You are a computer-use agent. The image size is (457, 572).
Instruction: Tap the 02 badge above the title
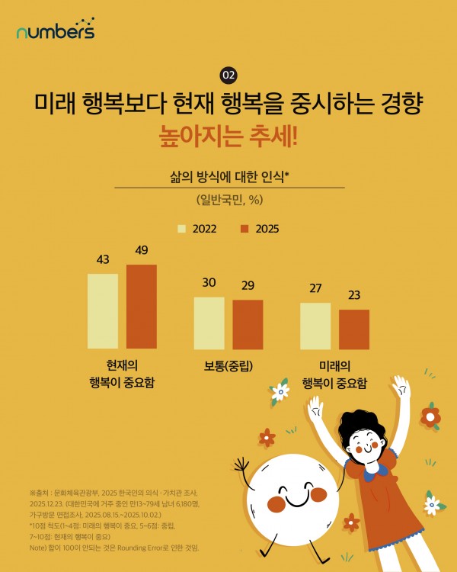coord(228,75)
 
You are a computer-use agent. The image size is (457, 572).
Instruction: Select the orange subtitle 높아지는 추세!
coord(228,137)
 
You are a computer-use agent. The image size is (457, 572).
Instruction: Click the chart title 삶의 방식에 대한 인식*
coord(229,176)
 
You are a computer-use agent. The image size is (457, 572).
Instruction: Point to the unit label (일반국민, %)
coord(229,200)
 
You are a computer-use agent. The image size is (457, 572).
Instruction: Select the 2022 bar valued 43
coord(103,311)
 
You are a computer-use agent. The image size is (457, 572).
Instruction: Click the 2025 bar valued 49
coord(142,307)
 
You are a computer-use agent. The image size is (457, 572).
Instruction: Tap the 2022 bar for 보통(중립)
coord(209,323)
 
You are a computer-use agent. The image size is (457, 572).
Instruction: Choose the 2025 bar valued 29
coord(248,325)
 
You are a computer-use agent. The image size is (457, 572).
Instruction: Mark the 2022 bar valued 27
coord(315,326)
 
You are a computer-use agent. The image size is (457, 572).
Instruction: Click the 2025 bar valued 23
coord(354,329)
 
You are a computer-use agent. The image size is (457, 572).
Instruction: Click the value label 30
coord(209,283)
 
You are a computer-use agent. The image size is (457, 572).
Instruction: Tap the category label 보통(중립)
coord(228,365)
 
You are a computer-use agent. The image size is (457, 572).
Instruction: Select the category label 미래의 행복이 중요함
coord(334,374)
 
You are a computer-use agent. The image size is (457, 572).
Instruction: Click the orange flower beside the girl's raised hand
coord(430,416)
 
